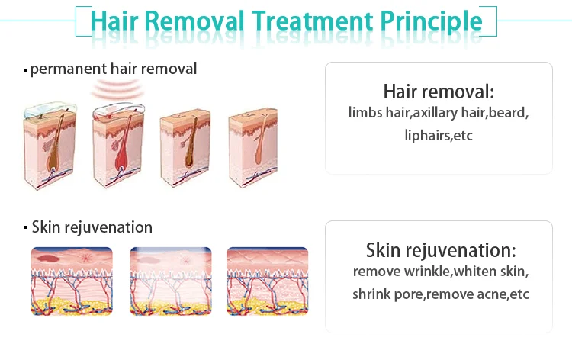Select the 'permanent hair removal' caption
[x=113, y=69]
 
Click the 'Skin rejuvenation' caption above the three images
[x=92, y=227]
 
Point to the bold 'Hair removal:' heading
[x=439, y=92]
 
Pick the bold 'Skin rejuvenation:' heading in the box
[x=440, y=250]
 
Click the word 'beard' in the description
[x=508, y=114]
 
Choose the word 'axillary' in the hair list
[x=448, y=114]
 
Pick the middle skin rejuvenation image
[x=169, y=280]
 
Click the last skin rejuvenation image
[x=267, y=280]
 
